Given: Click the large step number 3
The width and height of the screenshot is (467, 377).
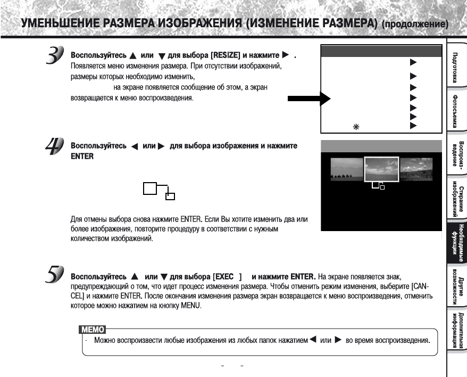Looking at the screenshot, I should coord(54,56).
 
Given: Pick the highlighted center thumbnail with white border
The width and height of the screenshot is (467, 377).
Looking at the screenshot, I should coord(381,169).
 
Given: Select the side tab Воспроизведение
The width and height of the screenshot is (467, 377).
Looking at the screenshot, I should coord(456,154).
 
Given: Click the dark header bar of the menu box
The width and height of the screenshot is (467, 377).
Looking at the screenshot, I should coord(381,51).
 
